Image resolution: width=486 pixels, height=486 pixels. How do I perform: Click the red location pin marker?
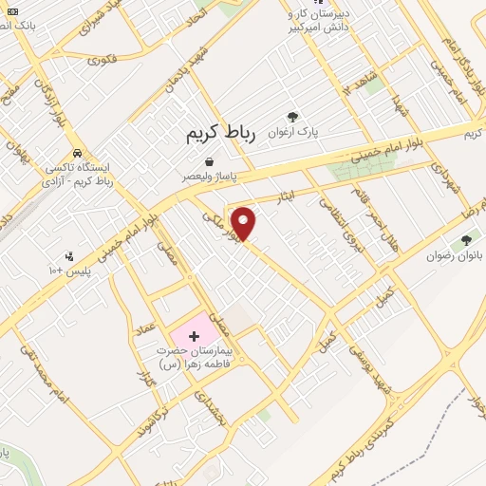245,222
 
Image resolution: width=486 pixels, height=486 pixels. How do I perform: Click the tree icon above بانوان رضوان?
465,240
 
